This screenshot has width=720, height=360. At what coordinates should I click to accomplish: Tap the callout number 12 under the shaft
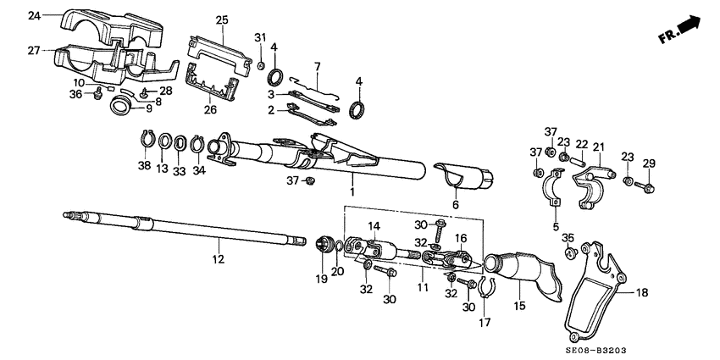click(x=218, y=259)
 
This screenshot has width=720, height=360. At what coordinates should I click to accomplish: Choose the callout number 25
click(x=222, y=19)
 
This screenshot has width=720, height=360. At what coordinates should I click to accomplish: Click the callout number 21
click(x=599, y=147)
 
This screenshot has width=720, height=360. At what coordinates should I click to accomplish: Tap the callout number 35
click(x=568, y=238)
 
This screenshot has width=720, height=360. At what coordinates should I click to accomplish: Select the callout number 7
click(x=317, y=65)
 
